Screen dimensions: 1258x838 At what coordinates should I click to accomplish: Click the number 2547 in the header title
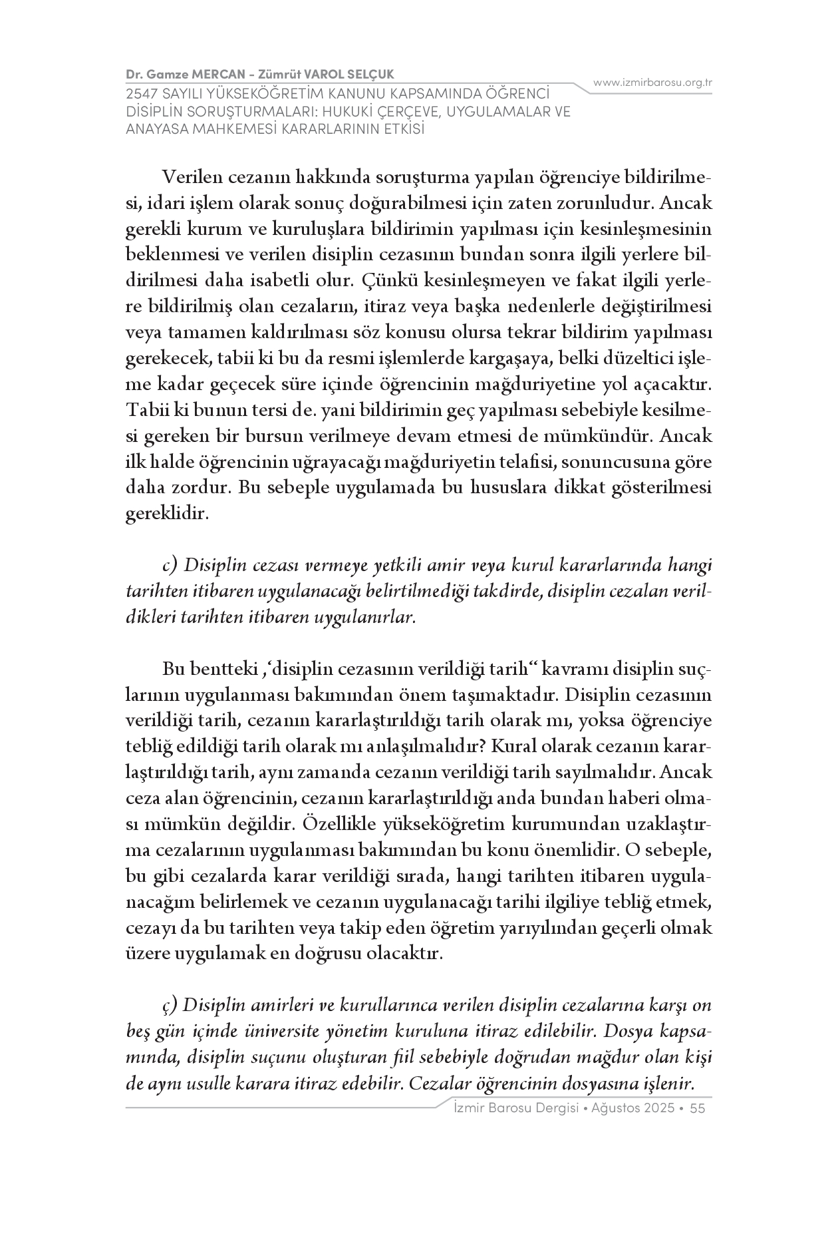(141, 95)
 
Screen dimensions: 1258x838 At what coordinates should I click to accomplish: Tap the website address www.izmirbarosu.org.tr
(652, 83)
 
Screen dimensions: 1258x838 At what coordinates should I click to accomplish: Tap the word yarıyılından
(545, 929)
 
